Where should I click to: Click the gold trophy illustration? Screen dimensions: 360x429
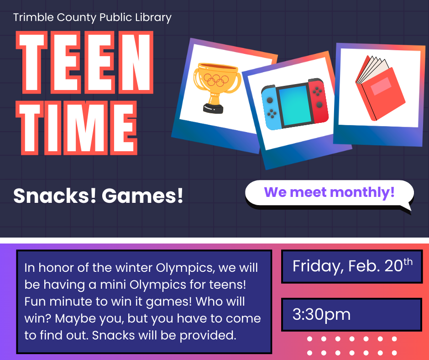[x=215, y=87]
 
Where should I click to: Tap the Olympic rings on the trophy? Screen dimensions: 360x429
[x=216, y=79]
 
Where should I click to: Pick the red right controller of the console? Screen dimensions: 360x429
[x=318, y=101]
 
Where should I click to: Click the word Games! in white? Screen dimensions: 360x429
[x=142, y=196]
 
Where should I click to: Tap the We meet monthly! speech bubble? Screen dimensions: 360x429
[x=329, y=193]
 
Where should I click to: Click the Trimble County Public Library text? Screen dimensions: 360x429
[x=92, y=18]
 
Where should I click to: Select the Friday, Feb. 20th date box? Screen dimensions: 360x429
[x=351, y=266]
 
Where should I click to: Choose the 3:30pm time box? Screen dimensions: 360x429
[x=351, y=314]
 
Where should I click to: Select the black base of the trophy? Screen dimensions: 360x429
[x=213, y=108]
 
